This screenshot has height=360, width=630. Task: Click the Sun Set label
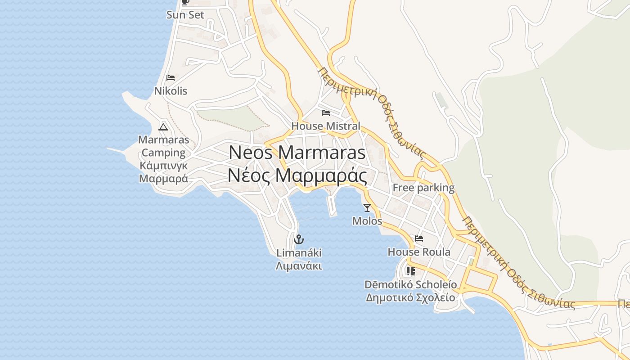pyautogui.click(x=185, y=15)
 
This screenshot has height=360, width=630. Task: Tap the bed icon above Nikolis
pyautogui.click(x=171, y=78)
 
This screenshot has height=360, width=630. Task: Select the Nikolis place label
pyautogui.click(x=171, y=91)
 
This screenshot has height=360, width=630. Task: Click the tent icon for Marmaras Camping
pyautogui.click(x=163, y=127)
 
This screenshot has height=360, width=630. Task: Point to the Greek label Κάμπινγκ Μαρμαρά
pyautogui.click(x=163, y=172)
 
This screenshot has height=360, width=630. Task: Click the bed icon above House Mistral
pyautogui.click(x=326, y=112)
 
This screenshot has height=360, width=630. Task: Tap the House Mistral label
pyautogui.click(x=326, y=126)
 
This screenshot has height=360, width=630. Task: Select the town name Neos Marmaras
pyautogui.click(x=297, y=153)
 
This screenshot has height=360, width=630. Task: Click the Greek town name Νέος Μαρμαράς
pyautogui.click(x=297, y=175)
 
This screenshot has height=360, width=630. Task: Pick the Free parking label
pyautogui.click(x=423, y=188)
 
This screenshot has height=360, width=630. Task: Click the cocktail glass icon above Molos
pyautogui.click(x=367, y=207)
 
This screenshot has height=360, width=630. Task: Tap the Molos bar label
pyautogui.click(x=367, y=221)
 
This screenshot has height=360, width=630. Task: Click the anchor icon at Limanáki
pyautogui.click(x=299, y=239)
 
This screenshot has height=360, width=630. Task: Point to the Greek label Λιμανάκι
pyautogui.click(x=299, y=265)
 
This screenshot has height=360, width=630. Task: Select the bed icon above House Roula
pyautogui.click(x=419, y=238)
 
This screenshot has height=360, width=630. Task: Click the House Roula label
pyautogui.click(x=419, y=252)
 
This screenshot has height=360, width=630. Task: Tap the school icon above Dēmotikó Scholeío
pyautogui.click(x=410, y=271)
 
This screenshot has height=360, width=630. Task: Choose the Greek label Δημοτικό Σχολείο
pyautogui.click(x=410, y=297)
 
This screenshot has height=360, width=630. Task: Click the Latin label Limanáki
pyautogui.click(x=299, y=252)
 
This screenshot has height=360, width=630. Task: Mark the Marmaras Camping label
pyautogui.click(x=163, y=146)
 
